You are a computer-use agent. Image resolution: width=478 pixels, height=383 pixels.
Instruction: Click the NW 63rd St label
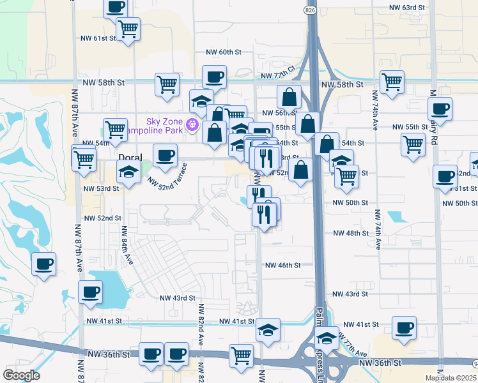[407, 8]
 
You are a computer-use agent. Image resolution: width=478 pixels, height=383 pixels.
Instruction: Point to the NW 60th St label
[223, 52]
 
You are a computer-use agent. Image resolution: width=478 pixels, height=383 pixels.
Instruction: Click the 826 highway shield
[310, 12]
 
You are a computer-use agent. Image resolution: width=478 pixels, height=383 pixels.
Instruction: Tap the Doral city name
[130, 156]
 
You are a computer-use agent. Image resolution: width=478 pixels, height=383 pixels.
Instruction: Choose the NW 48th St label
[351, 234]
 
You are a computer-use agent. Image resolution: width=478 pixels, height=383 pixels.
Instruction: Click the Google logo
[21, 375]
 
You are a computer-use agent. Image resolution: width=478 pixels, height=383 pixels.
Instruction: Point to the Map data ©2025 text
[451, 378]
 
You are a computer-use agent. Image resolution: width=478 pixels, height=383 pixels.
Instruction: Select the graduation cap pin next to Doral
[128, 170]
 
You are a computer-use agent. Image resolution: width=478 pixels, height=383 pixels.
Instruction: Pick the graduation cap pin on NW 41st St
[268, 329]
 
